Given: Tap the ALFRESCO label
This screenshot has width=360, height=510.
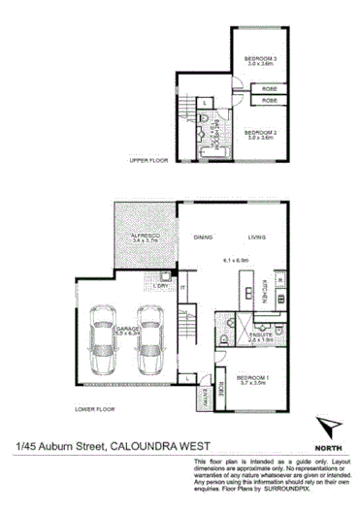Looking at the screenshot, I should (x=147, y=236).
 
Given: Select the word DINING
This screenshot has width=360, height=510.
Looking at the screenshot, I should (x=204, y=236).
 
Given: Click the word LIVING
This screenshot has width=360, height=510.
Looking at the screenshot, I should (x=257, y=236).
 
